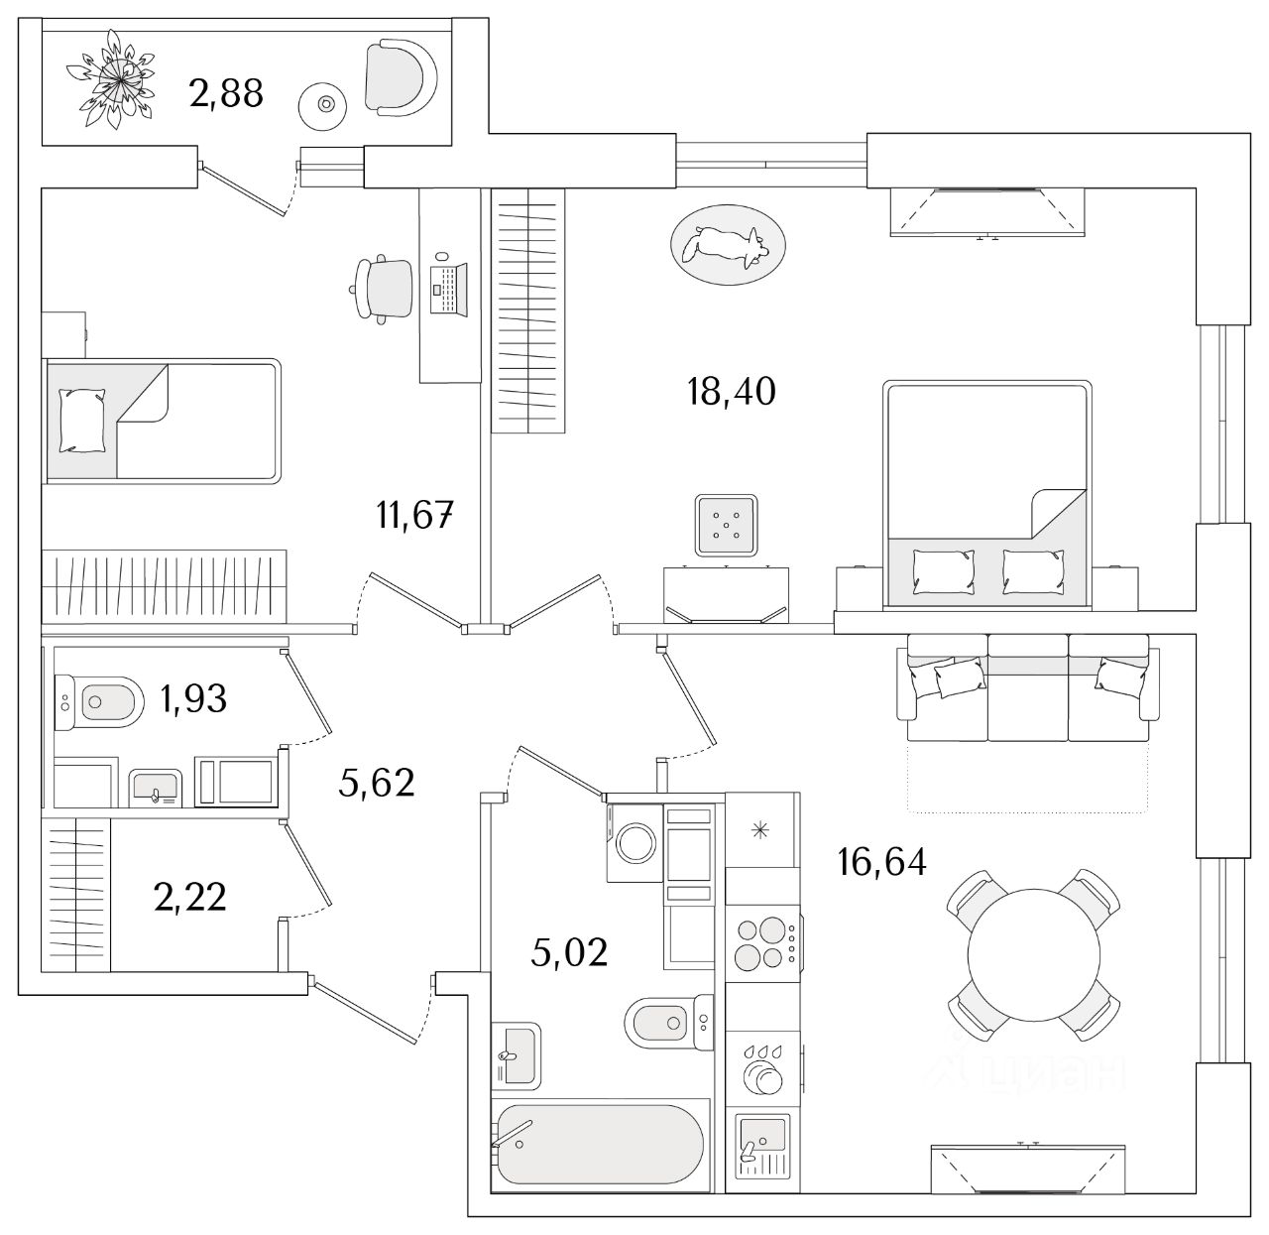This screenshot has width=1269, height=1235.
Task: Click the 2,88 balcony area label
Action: tap(225, 93)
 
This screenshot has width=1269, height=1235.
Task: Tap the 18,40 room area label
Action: tap(731, 392)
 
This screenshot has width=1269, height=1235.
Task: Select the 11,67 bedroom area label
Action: tap(414, 516)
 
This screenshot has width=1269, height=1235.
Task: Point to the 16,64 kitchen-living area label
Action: tap(881, 863)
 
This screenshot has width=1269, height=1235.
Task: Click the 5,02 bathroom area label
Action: tap(569, 953)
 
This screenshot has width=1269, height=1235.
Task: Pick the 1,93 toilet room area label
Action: tap(193, 699)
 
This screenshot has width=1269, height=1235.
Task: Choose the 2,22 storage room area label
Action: tap(190, 898)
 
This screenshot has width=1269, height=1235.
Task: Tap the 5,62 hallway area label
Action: tap(376, 784)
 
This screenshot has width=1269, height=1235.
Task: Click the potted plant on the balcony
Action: tap(112, 79)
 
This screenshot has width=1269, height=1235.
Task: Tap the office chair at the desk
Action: tap(384, 286)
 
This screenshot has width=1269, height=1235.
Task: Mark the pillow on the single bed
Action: tap(81, 421)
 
